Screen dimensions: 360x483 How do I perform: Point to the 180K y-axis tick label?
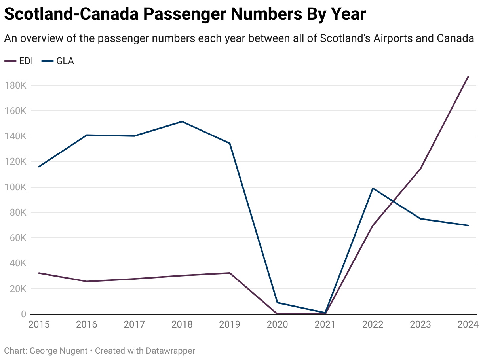[15, 85]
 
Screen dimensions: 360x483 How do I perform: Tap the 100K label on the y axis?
[15, 187]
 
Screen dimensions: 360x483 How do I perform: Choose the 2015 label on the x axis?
[39, 325]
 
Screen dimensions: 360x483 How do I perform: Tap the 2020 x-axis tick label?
[277, 325]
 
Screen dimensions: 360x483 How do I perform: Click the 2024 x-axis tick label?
[468, 325]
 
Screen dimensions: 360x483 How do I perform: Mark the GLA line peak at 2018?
[182, 121]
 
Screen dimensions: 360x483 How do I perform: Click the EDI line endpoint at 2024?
[468, 77]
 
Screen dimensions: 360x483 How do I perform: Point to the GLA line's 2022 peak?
[373, 188]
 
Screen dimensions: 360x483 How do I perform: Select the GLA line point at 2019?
[230, 143]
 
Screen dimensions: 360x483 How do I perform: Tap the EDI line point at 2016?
[87, 281]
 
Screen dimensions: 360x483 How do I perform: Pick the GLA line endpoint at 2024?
[468, 225]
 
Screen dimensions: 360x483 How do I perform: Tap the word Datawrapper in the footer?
[170, 351]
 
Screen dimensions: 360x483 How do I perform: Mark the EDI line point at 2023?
[420, 169]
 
